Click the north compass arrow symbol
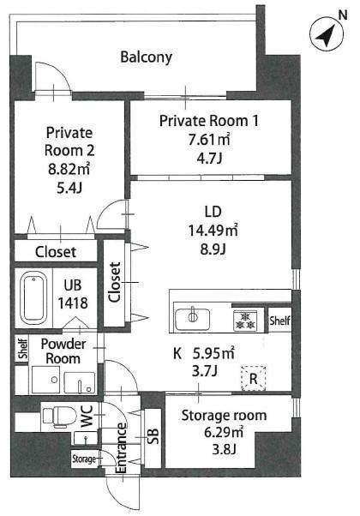point(327,33)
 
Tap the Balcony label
point(146,57)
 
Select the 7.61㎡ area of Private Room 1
point(209,140)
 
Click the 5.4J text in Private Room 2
point(69,188)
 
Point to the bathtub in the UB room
point(33,297)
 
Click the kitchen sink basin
point(193,319)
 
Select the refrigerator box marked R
point(254,378)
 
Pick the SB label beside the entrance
point(153,436)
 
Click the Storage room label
point(224,416)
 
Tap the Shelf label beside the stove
point(279,321)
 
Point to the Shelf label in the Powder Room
point(22,349)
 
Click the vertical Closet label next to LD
point(115,282)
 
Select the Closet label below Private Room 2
point(56,252)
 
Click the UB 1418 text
point(73,295)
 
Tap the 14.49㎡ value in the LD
point(213,231)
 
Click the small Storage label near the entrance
point(84,459)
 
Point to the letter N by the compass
point(343,15)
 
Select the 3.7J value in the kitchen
point(204,371)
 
